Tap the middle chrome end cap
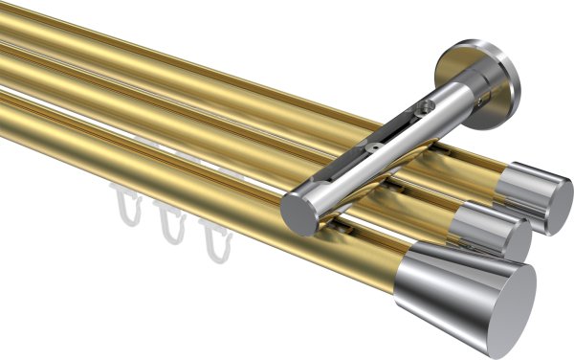pyautogui.click(x=493, y=231)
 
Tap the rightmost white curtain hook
pyautogui.click(x=216, y=238)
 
